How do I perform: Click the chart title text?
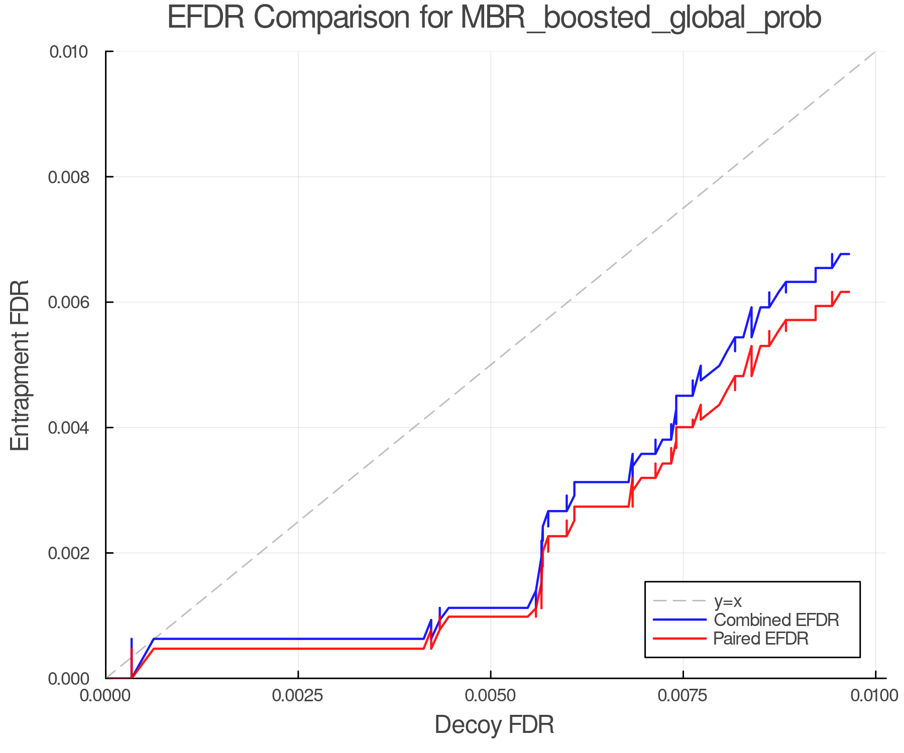tap(494, 18)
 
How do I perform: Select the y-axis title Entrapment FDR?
tap(20, 365)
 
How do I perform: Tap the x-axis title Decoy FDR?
tap(494, 724)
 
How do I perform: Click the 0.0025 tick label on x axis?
tap(298, 696)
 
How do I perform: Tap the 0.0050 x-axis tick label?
tap(491, 696)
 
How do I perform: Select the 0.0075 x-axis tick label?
tap(683, 696)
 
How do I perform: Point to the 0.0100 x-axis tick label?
tap(875, 696)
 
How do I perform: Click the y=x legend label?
tap(728, 601)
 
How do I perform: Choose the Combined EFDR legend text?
tap(776, 620)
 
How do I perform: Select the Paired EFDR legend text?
tap(761, 639)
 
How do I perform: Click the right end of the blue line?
tap(849, 254)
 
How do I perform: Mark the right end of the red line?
tap(849, 292)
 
